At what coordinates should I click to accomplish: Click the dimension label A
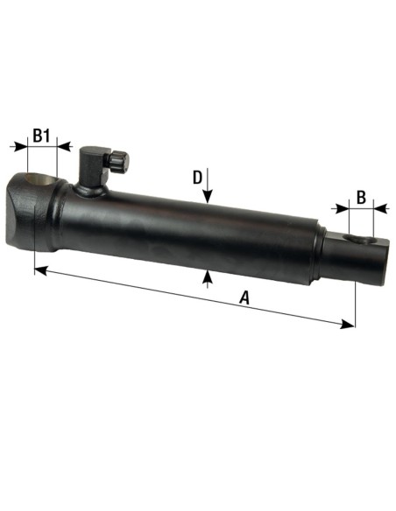pos(244,299)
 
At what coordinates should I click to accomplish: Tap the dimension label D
pos(198,178)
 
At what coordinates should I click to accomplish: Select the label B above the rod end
pos(361,197)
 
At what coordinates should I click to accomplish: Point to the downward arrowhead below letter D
pos(207,200)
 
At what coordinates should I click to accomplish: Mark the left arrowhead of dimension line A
pos(39,271)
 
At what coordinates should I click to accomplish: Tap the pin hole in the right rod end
pos(356,239)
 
